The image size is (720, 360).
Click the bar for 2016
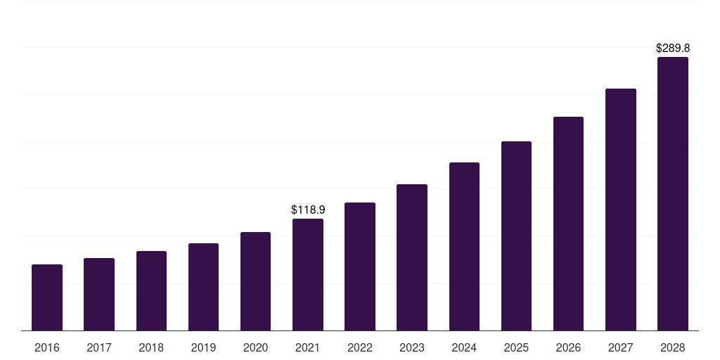pos(47,297)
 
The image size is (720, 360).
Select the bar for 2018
pos(151,290)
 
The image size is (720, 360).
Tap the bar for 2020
pos(255,281)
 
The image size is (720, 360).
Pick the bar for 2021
pos(308,274)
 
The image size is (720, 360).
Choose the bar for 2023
pos(412,257)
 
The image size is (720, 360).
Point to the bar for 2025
pos(516,236)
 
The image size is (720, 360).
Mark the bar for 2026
pos(568,224)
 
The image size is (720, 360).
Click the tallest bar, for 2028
pos(673,193)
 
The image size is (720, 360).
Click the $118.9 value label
pos(308,210)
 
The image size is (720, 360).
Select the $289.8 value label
pos(673,49)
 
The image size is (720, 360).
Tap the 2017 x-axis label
pos(99,347)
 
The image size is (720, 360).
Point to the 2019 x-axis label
pos(203,347)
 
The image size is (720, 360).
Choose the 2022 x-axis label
pos(360,347)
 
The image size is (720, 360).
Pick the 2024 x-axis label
pos(464,347)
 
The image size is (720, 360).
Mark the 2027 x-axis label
pos(621,347)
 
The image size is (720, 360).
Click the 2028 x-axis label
pos(673,347)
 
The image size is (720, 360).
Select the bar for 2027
pos(621,210)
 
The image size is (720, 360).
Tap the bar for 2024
pos(464,246)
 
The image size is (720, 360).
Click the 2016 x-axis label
pos(47,347)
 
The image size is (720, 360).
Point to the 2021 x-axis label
pos(308,347)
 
